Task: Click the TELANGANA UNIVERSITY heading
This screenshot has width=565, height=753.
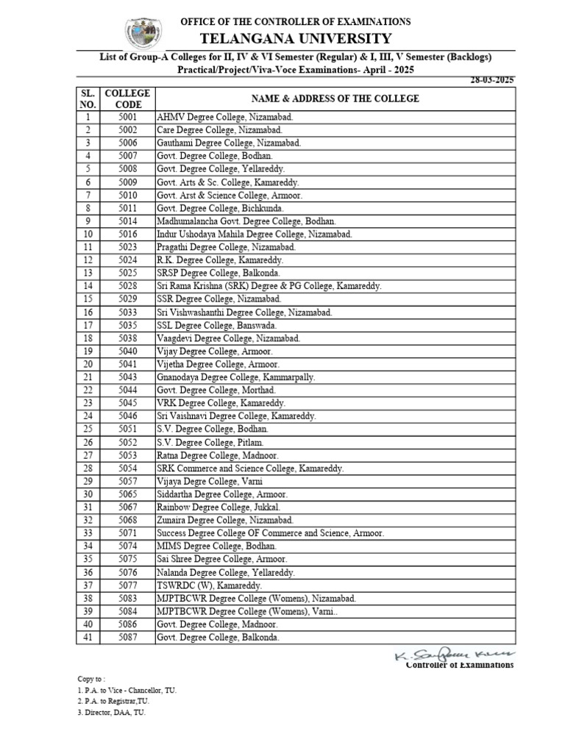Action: [296, 38]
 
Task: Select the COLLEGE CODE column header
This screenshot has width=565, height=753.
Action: [127, 99]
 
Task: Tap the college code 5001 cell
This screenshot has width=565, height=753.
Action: [127, 117]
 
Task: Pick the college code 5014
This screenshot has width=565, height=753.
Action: [127, 221]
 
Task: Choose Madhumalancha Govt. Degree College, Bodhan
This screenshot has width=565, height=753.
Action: [246, 221]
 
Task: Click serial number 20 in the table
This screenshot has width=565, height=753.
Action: [88, 364]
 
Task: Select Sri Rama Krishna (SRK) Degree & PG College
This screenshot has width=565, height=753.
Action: [269, 286]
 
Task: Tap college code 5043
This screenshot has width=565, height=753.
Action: [127, 377]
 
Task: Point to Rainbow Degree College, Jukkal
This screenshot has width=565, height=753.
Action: [218, 507]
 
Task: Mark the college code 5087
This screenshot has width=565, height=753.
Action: [127, 638]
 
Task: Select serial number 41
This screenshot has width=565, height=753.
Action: [88, 638]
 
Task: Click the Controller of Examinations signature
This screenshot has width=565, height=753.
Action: [455, 654]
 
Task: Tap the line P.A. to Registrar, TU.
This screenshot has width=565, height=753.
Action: [108, 702]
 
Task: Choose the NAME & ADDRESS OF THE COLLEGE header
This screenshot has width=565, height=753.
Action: [335, 99]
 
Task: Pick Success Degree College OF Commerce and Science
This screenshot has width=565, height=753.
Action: [270, 533]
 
